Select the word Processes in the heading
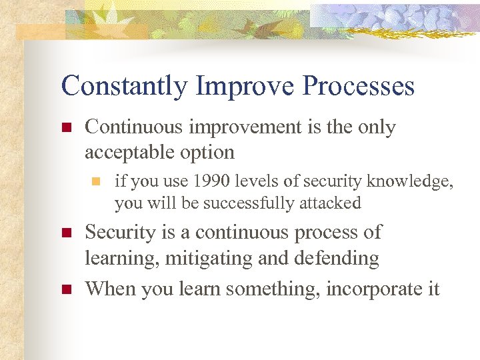coord(359,86)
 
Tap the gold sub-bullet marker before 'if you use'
coord(96,181)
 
